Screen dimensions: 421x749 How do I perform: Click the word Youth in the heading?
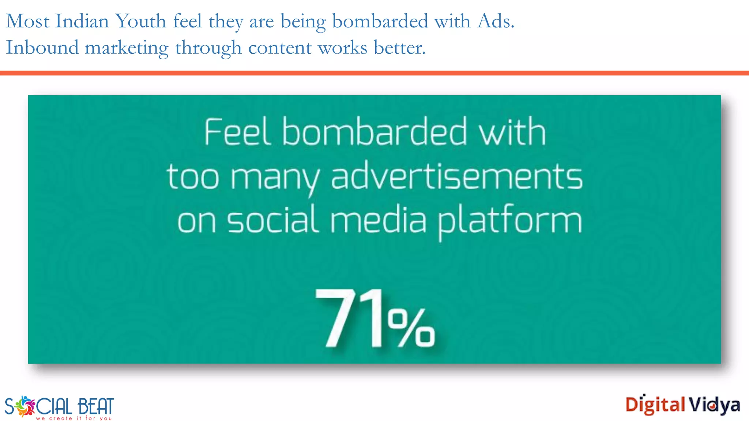[x=141, y=21]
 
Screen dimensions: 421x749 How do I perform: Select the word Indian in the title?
[x=82, y=21]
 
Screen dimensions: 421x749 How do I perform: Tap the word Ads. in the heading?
[x=496, y=21]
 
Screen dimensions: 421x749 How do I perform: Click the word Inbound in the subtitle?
[x=42, y=48]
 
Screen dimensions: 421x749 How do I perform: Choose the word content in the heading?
[x=280, y=48]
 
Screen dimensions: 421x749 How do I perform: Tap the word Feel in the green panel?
[x=238, y=132]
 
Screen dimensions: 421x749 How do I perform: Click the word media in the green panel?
[x=379, y=220]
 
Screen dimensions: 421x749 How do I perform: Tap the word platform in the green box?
[x=510, y=221]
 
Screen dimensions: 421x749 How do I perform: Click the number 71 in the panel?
[x=349, y=318]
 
